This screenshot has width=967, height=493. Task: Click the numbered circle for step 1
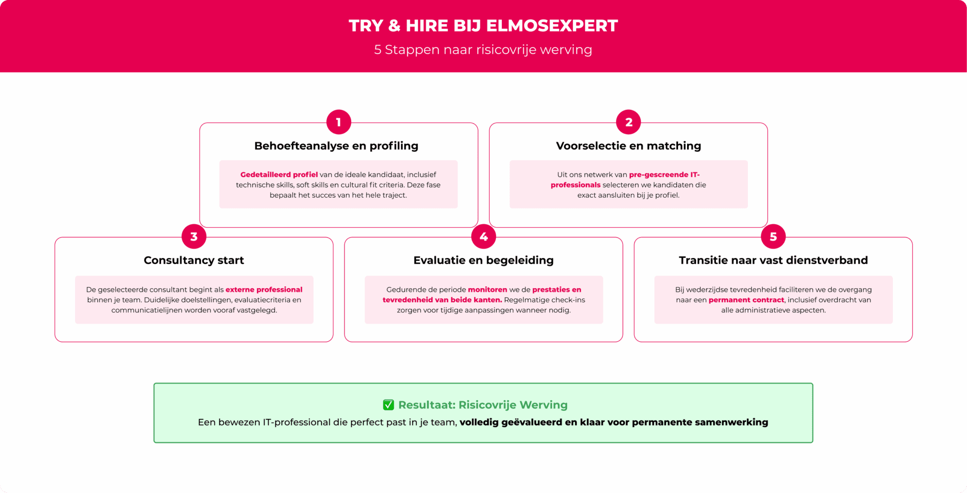pos(339,122)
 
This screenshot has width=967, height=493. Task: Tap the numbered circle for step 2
pos(628,122)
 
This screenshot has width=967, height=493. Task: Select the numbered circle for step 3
pos(194,236)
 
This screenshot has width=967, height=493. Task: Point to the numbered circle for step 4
pos(483,236)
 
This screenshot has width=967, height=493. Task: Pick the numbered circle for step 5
pos(773,236)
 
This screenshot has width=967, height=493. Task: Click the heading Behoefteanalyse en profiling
pos(336,146)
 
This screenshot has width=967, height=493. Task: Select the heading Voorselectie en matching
pos(628,146)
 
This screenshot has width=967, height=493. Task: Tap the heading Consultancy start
pos(194,260)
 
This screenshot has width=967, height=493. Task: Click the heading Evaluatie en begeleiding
pos(483,260)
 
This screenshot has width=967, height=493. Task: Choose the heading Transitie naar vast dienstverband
pos(773,260)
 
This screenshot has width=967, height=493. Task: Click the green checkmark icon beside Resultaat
pos(388,405)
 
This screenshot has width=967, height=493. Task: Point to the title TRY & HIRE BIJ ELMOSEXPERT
pos(483,25)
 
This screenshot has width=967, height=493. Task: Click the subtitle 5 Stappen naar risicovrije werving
pos(483,50)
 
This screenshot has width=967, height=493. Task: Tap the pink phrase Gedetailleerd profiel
pos(279,175)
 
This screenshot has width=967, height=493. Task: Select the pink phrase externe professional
pos(264,290)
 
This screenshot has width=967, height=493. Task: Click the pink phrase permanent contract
pos(746,300)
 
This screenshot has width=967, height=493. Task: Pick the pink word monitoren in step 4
pos(487,290)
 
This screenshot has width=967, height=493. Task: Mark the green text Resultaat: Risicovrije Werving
pos(483,405)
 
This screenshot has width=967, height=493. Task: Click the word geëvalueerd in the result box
pos(532,422)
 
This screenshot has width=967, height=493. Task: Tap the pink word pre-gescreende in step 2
pos(659,175)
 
